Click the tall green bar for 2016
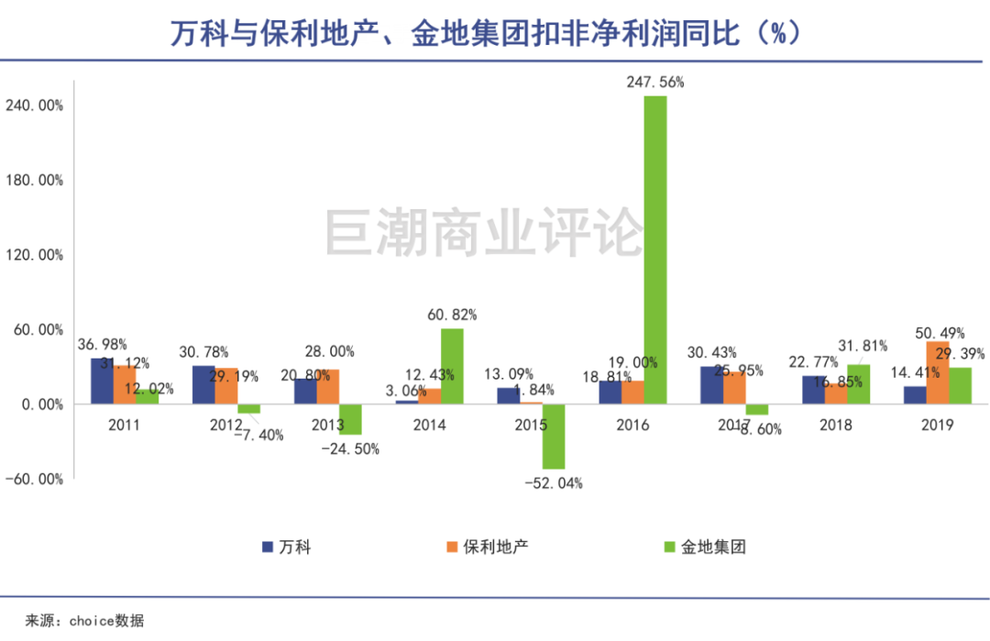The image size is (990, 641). (654, 249)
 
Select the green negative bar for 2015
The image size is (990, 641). (553, 437)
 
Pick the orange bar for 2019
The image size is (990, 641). (937, 372)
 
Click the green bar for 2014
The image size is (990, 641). (452, 366)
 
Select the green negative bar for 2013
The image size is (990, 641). (350, 419)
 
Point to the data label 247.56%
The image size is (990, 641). (654, 82)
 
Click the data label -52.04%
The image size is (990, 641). (553, 483)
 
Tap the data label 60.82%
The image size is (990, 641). (452, 315)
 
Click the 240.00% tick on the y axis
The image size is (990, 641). (34, 105)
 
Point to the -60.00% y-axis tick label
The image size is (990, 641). (34, 479)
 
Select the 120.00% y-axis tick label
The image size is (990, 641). (34, 255)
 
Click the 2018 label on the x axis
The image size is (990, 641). (836, 425)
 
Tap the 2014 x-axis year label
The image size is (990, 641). (430, 425)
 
